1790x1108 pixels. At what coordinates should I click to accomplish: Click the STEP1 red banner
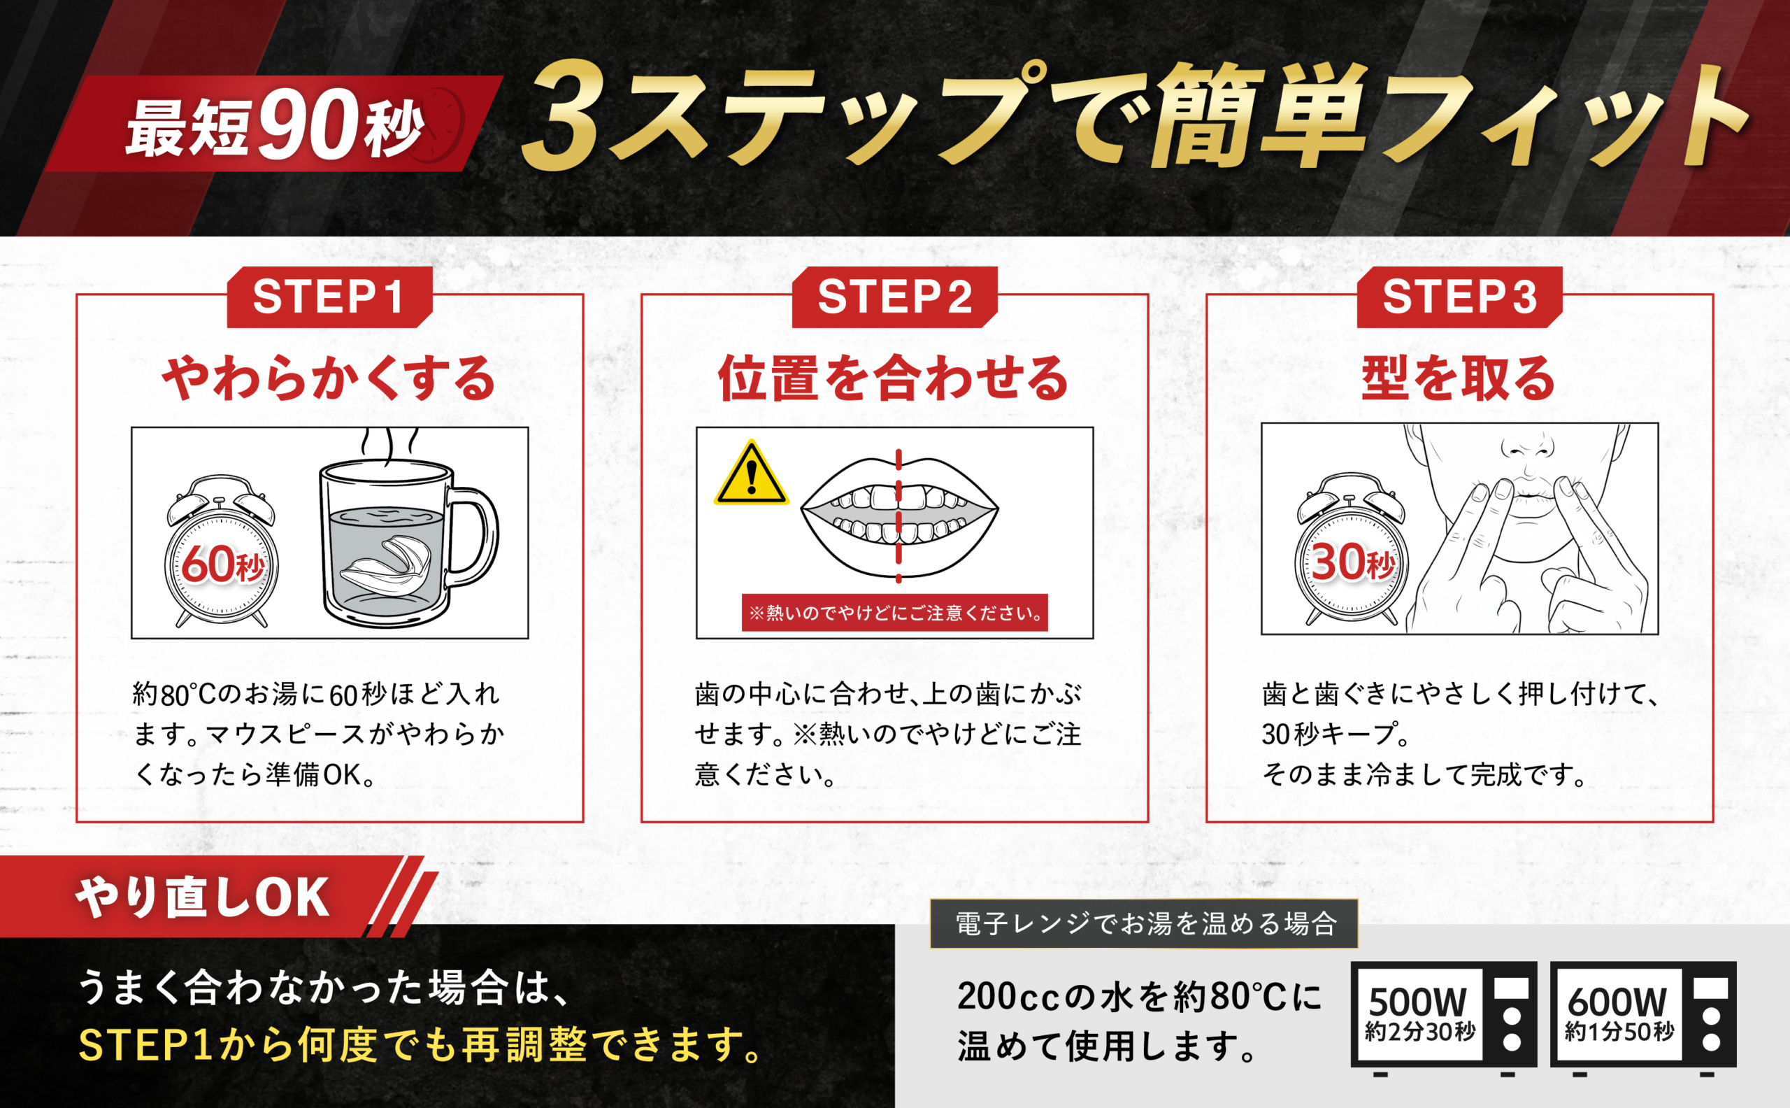tap(329, 297)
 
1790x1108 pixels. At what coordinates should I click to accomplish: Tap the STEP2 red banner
tap(894, 297)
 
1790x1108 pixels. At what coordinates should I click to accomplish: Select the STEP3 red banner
tap(1459, 297)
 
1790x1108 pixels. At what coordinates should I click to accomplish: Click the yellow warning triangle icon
tap(752, 474)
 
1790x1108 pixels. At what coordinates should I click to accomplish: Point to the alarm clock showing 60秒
tap(221, 553)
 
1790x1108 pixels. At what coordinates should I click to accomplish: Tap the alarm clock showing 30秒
tap(1352, 551)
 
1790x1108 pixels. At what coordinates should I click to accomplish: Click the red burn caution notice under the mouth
tap(894, 613)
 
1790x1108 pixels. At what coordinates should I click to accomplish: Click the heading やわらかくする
tap(329, 379)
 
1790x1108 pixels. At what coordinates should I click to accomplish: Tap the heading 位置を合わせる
tap(894, 379)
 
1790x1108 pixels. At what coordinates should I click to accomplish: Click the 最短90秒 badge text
tap(275, 126)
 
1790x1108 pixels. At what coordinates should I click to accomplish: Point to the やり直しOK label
tap(203, 897)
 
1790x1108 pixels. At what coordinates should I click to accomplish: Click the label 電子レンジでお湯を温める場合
tap(1146, 924)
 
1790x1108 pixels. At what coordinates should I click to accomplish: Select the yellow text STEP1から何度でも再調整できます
tap(421, 1045)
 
